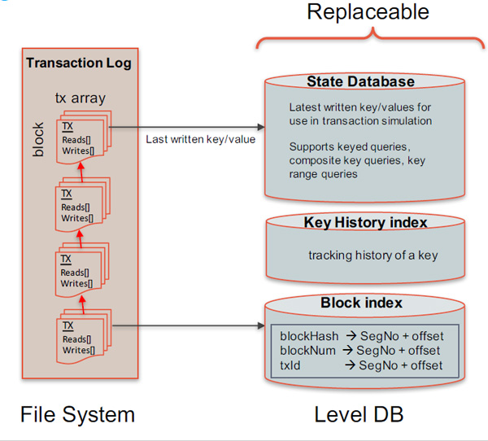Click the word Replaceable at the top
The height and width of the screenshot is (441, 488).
pos(368,11)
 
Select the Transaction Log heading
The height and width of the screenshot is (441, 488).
pos(78,63)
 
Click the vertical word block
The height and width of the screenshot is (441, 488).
pos(38,139)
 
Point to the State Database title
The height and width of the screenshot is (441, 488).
pos(360,81)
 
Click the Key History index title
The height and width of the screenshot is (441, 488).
pos(365,222)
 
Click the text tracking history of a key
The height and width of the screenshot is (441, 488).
pos(373,255)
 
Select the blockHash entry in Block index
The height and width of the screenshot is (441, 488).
pos(303,336)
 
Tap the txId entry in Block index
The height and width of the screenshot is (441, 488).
pos(290,365)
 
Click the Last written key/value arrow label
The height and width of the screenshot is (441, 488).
pos(200,138)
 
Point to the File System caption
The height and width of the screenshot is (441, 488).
pos(78,415)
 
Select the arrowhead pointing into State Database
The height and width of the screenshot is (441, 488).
pos(261,127)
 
